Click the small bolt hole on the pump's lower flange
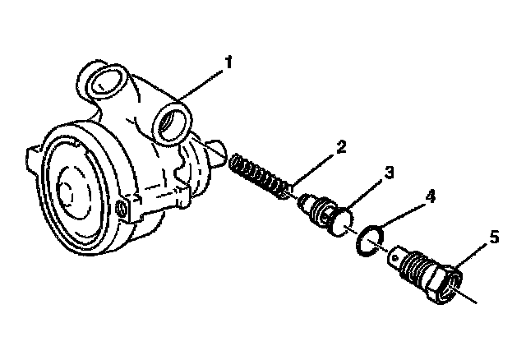[x=124, y=210]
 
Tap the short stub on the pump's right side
[x=216, y=155]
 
